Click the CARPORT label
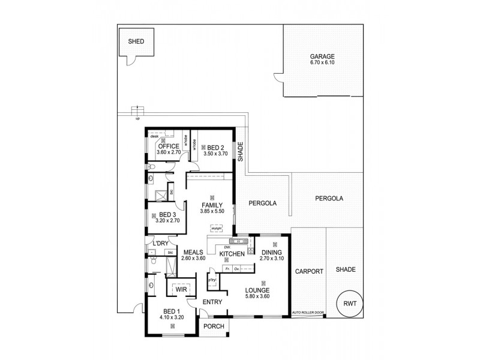(308, 271)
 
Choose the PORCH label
(214, 326)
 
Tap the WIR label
(182, 289)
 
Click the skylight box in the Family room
(216, 227)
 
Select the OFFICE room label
(169, 146)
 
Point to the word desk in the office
(154, 136)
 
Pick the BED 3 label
(167, 214)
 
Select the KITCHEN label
(232, 254)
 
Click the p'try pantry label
(212, 280)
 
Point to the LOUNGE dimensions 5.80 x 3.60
(261, 296)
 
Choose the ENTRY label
(212, 302)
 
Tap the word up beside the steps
(137, 118)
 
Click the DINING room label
(272, 253)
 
